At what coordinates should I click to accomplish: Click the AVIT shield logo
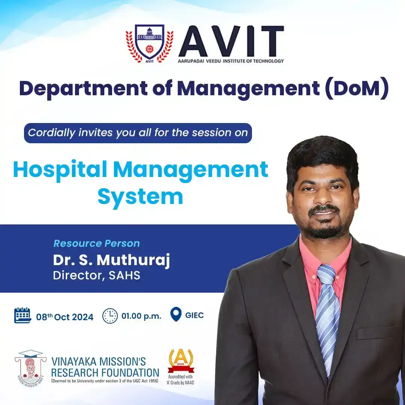click(149, 43)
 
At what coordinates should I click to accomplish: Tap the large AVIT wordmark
click(231, 41)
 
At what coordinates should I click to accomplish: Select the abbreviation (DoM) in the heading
click(357, 88)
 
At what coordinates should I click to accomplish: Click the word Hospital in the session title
click(60, 170)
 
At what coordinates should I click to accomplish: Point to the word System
click(140, 197)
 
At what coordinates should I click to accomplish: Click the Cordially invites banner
click(138, 133)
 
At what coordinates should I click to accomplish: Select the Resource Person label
click(97, 243)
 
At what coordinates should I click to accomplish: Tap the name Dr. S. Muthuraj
click(112, 260)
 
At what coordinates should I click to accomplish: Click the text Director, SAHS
click(97, 275)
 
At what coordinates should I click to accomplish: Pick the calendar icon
click(22, 315)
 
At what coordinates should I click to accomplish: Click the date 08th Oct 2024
click(64, 316)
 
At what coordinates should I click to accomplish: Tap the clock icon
click(110, 316)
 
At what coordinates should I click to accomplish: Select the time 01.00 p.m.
click(141, 316)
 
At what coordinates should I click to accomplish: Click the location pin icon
click(176, 314)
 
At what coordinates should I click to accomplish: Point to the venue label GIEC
click(195, 315)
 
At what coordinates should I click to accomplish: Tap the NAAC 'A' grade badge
click(181, 367)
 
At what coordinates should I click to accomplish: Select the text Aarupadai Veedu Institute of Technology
click(231, 61)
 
